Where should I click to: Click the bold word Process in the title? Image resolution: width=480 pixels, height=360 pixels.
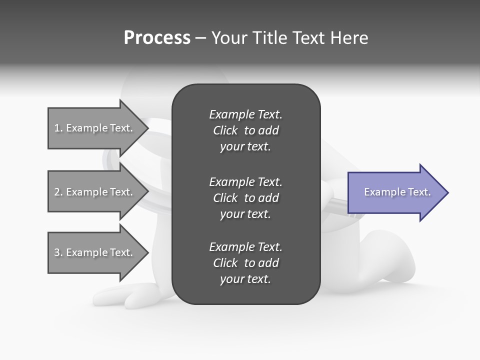click(157, 38)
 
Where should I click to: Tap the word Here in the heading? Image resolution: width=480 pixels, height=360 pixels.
click(348, 38)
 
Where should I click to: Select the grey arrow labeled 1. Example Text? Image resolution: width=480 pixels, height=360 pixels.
click(95, 128)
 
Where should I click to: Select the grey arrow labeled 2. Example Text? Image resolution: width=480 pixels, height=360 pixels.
click(95, 192)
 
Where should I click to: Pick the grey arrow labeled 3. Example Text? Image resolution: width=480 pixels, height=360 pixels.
click(95, 252)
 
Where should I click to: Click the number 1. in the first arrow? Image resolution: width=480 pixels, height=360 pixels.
click(58, 128)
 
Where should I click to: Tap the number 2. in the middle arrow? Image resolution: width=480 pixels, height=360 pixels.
click(58, 192)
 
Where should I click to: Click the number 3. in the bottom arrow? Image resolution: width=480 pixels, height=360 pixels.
click(58, 252)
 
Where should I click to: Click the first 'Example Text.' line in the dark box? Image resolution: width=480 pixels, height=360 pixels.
click(245, 114)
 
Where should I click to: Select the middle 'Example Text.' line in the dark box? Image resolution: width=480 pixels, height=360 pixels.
click(245, 181)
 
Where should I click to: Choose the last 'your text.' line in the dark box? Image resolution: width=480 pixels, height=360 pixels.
click(245, 279)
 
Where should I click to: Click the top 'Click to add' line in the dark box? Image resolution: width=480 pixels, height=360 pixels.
click(245, 131)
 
